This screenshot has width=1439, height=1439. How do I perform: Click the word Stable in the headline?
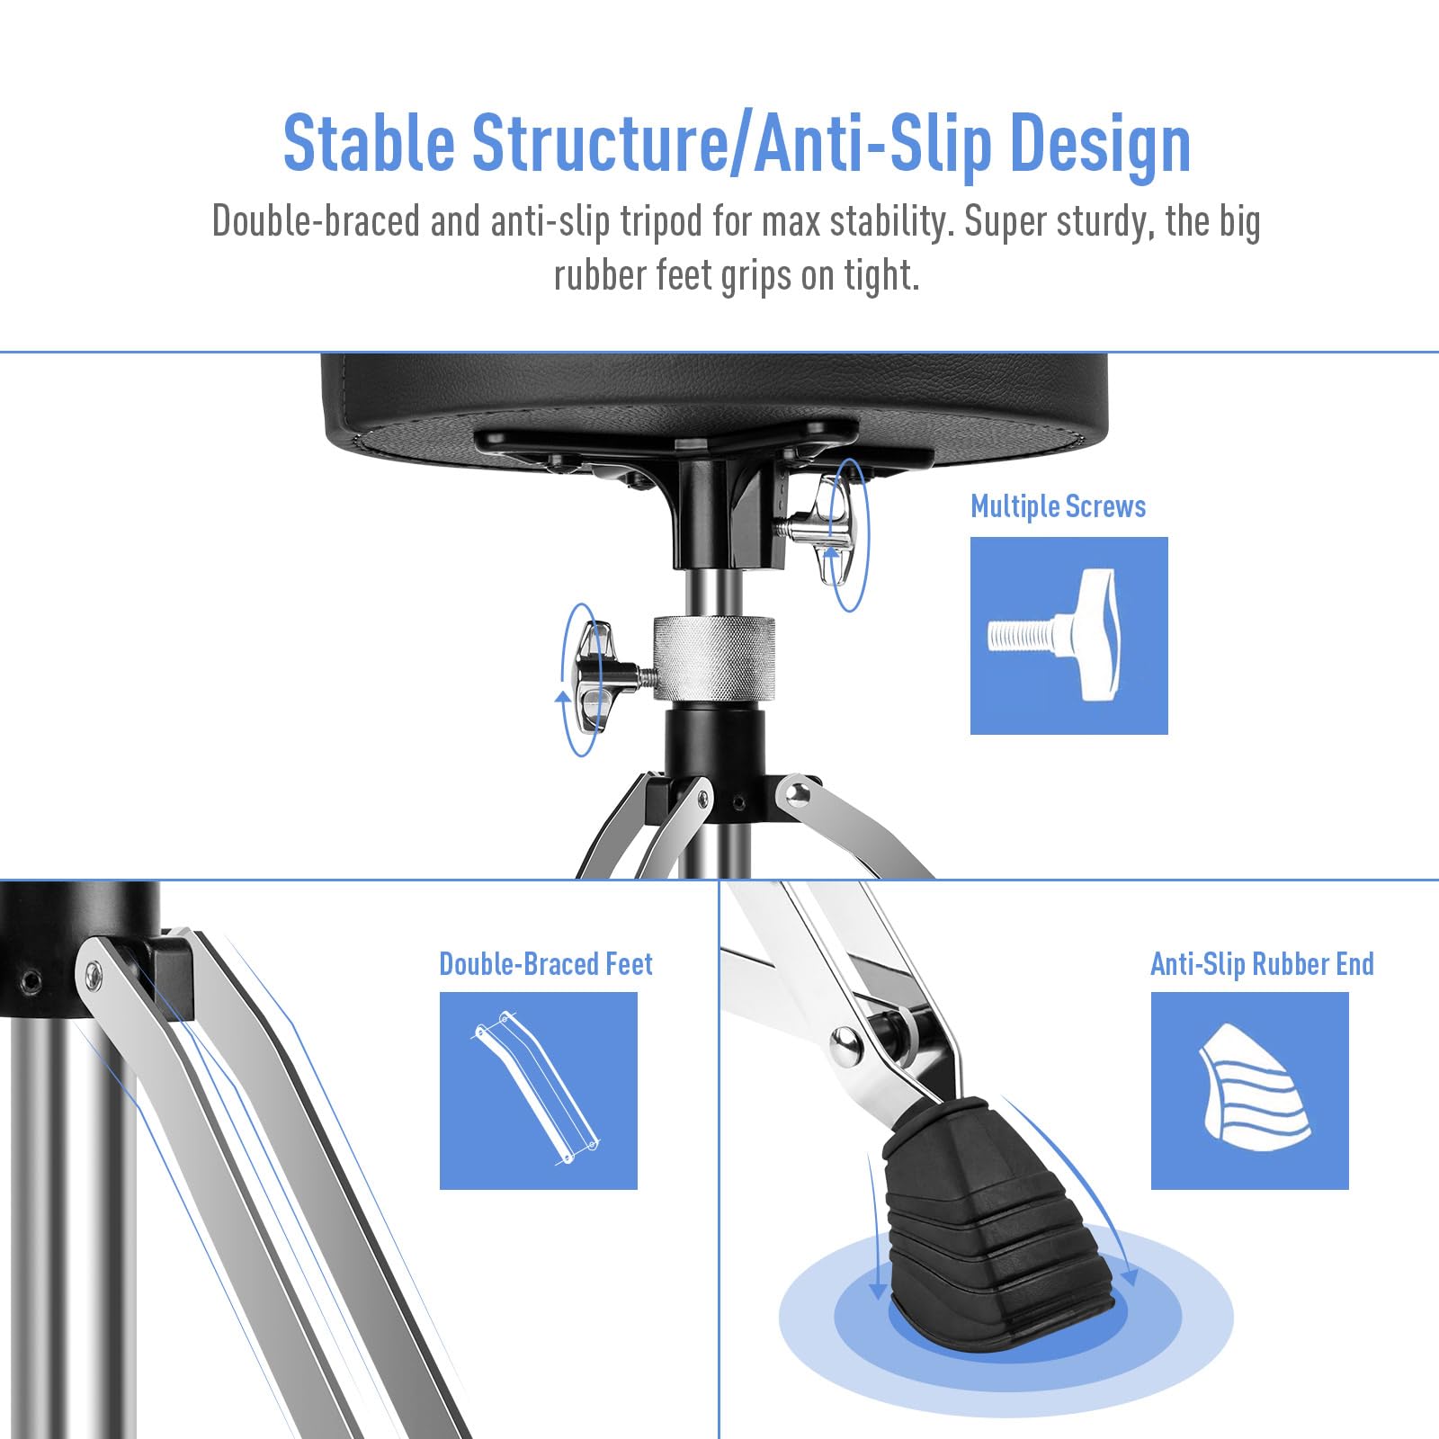pyautogui.click(x=370, y=142)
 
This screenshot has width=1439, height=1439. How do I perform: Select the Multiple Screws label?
pyautogui.click(x=1058, y=506)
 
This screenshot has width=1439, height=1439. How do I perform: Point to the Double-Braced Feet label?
pyautogui.click(x=546, y=963)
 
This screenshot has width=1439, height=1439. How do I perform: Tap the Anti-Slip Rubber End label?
pyautogui.click(x=1262, y=964)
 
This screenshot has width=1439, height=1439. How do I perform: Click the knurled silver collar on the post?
pyautogui.click(x=714, y=657)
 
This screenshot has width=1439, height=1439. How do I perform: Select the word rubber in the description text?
pyautogui.click(x=599, y=275)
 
